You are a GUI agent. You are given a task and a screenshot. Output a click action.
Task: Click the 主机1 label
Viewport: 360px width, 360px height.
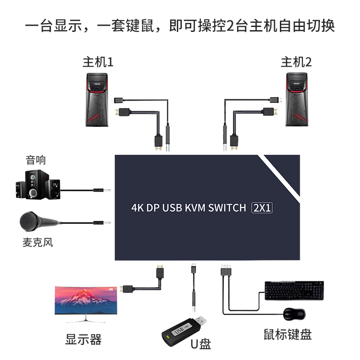[98, 62]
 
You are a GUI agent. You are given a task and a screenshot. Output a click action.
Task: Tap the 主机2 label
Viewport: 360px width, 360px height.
[296, 62]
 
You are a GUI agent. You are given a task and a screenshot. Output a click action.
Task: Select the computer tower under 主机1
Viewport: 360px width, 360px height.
[99, 99]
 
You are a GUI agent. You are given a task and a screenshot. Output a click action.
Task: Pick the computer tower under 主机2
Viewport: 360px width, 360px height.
[297, 99]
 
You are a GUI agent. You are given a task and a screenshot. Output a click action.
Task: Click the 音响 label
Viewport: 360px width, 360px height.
[36, 160]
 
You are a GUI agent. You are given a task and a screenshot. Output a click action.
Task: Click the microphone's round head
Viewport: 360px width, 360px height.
[28, 221]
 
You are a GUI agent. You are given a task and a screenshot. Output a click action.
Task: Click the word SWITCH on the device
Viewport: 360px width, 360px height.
[224, 208]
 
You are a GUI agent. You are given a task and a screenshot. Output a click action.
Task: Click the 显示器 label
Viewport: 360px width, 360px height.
[83, 339]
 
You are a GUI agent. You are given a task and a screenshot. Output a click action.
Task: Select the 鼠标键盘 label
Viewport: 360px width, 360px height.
[288, 334]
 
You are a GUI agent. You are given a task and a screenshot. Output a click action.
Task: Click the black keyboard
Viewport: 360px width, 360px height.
[294, 290]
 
